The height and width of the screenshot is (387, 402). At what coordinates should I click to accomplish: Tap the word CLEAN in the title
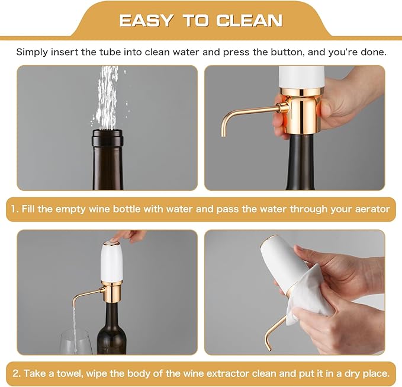pos(249,20)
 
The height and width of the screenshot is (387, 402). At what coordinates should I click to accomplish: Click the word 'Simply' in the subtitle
pos(33,52)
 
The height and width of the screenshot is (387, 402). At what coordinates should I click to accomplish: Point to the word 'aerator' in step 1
pos(371,209)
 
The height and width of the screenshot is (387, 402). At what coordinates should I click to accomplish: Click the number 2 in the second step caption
pos(16,374)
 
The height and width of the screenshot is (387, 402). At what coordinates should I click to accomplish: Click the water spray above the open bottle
pos(107,95)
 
